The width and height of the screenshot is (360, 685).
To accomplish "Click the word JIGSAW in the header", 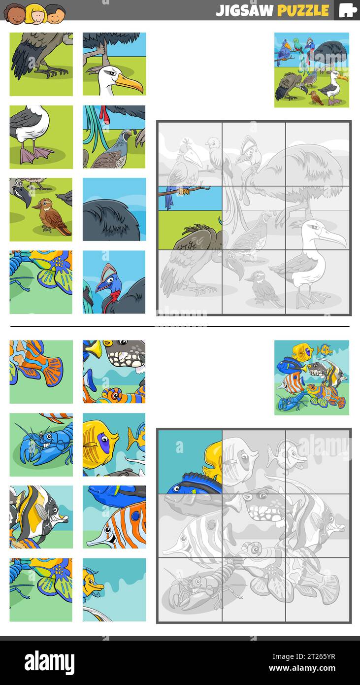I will click(x=245, y=10).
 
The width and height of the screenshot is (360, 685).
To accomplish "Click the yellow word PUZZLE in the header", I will click(x=303, y=10).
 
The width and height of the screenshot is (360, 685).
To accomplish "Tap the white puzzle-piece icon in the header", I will click(x=348, y=10).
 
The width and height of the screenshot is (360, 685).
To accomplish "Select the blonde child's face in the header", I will click(x=35, y=13).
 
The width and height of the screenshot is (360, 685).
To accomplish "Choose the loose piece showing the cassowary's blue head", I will click(x=114, y=282).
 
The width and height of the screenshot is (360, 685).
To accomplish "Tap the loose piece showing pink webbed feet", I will click(x=41, y=137).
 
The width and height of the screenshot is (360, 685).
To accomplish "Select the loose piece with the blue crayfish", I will click(x=41, y=445).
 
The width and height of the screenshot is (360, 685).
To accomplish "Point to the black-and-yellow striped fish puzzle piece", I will click(x=41, y=516).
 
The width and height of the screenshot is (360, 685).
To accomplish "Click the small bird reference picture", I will click(x=311, y=70).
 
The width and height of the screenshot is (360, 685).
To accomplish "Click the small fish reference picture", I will click(x=311, y=377).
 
